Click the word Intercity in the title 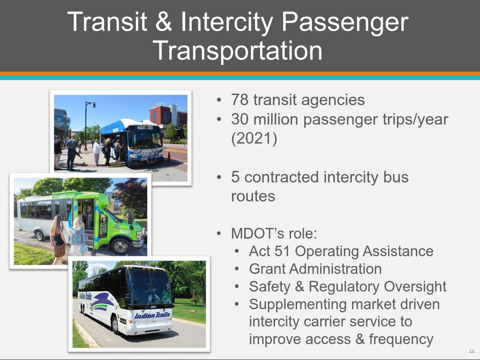pyautogui.click(x=227, y=22)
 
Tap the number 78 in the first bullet pyautogui.click(x=240, y=100)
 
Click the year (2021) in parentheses pyautogui.click(x=254, y=138)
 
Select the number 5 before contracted pyautogui.click(x=235, y=177)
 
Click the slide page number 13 pyautogui.click(x=472, y=352)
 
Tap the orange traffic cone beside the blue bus pyautogui.click(x=169, y=156)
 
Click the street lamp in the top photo pyautogui.click(x=86, y=125)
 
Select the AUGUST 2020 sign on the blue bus pyautogui.click(x=145, y=128)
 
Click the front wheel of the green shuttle pyautogui.click(x=120, y=246)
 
